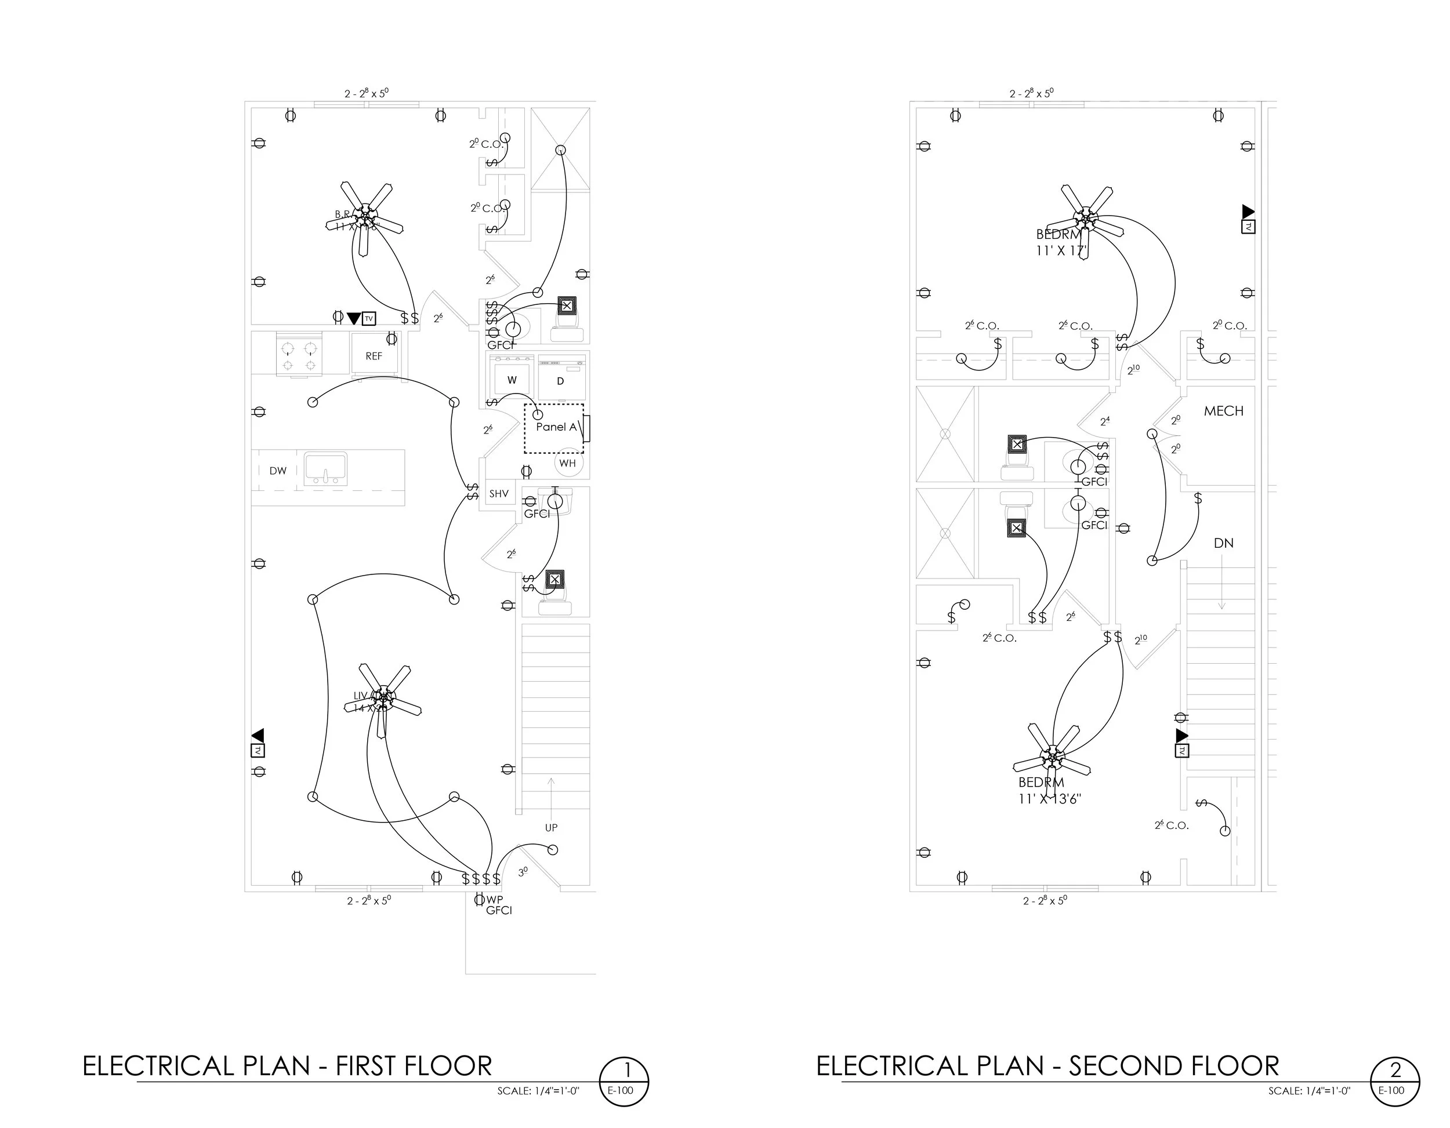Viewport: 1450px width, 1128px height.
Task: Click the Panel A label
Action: pyautogui.click(x=556, y=427)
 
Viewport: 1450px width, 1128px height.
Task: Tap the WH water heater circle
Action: pyautogui.click(x=568, y=463)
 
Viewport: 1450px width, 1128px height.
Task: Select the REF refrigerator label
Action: pyautogui.click(x=374, y=356)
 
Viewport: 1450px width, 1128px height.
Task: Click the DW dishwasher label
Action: pyautogui.click(x=277, y=471)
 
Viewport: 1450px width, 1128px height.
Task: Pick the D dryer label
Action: pyautogui.click(x=560, y=381)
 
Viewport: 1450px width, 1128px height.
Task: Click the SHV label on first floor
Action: pyautogui.click(x=499, y=494)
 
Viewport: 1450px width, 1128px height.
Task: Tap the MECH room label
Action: pyautogui.click(x=1223, y=412)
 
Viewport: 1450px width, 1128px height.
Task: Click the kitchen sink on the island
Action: pyautogui.click(x=325, y=468)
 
